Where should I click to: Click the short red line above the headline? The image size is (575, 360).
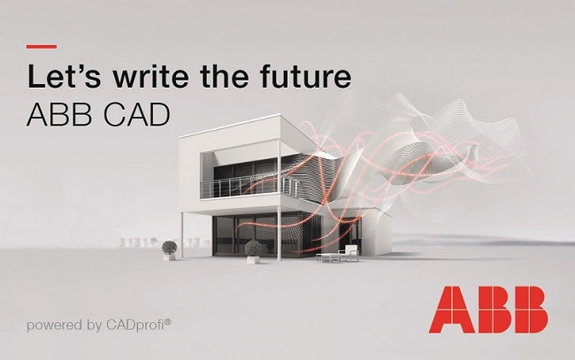pyautogui.click(x=42, y=46)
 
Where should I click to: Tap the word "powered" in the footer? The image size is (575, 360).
pyautogui.click(x=56, y=325)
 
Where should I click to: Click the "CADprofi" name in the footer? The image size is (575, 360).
pyautogui.click(x=134, y=325)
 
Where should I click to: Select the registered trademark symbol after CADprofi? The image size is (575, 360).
pyautogui.click(x=168, y=321)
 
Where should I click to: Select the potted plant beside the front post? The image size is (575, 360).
pyautogui.click(x=254, y=250)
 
